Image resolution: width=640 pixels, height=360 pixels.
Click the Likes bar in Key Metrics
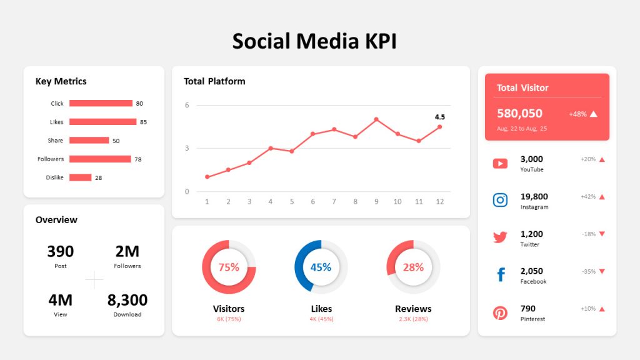[102, 122]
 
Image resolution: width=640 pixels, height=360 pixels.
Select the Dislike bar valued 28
[80, 177]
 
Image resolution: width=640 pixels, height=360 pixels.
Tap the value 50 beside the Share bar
[116, 141]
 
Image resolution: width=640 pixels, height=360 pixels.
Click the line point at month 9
[376, 119]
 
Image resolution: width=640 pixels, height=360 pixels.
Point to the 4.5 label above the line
[439, 117]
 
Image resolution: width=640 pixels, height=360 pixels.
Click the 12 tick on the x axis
[439, 201]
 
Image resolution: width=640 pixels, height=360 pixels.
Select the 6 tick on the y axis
[187, 105]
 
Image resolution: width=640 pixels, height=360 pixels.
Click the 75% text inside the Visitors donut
[229, 267]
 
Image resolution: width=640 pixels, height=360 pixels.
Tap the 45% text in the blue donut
[321, 267]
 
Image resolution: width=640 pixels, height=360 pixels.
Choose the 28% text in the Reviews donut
[413, 267]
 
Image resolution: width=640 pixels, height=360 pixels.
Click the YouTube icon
[500, 164]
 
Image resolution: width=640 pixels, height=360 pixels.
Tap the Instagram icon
[500, 200]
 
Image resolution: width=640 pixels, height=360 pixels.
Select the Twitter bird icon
[500, 237]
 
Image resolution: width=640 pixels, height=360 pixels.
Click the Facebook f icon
[501, 275]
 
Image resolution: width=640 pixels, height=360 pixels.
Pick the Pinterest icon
[500, 312]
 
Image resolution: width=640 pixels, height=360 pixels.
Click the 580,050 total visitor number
[519, 113]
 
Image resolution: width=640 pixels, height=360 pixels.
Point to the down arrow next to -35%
[602, 271]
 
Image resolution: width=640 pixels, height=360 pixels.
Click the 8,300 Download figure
[127, 300]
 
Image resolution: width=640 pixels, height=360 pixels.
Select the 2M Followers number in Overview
[127, 251]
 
